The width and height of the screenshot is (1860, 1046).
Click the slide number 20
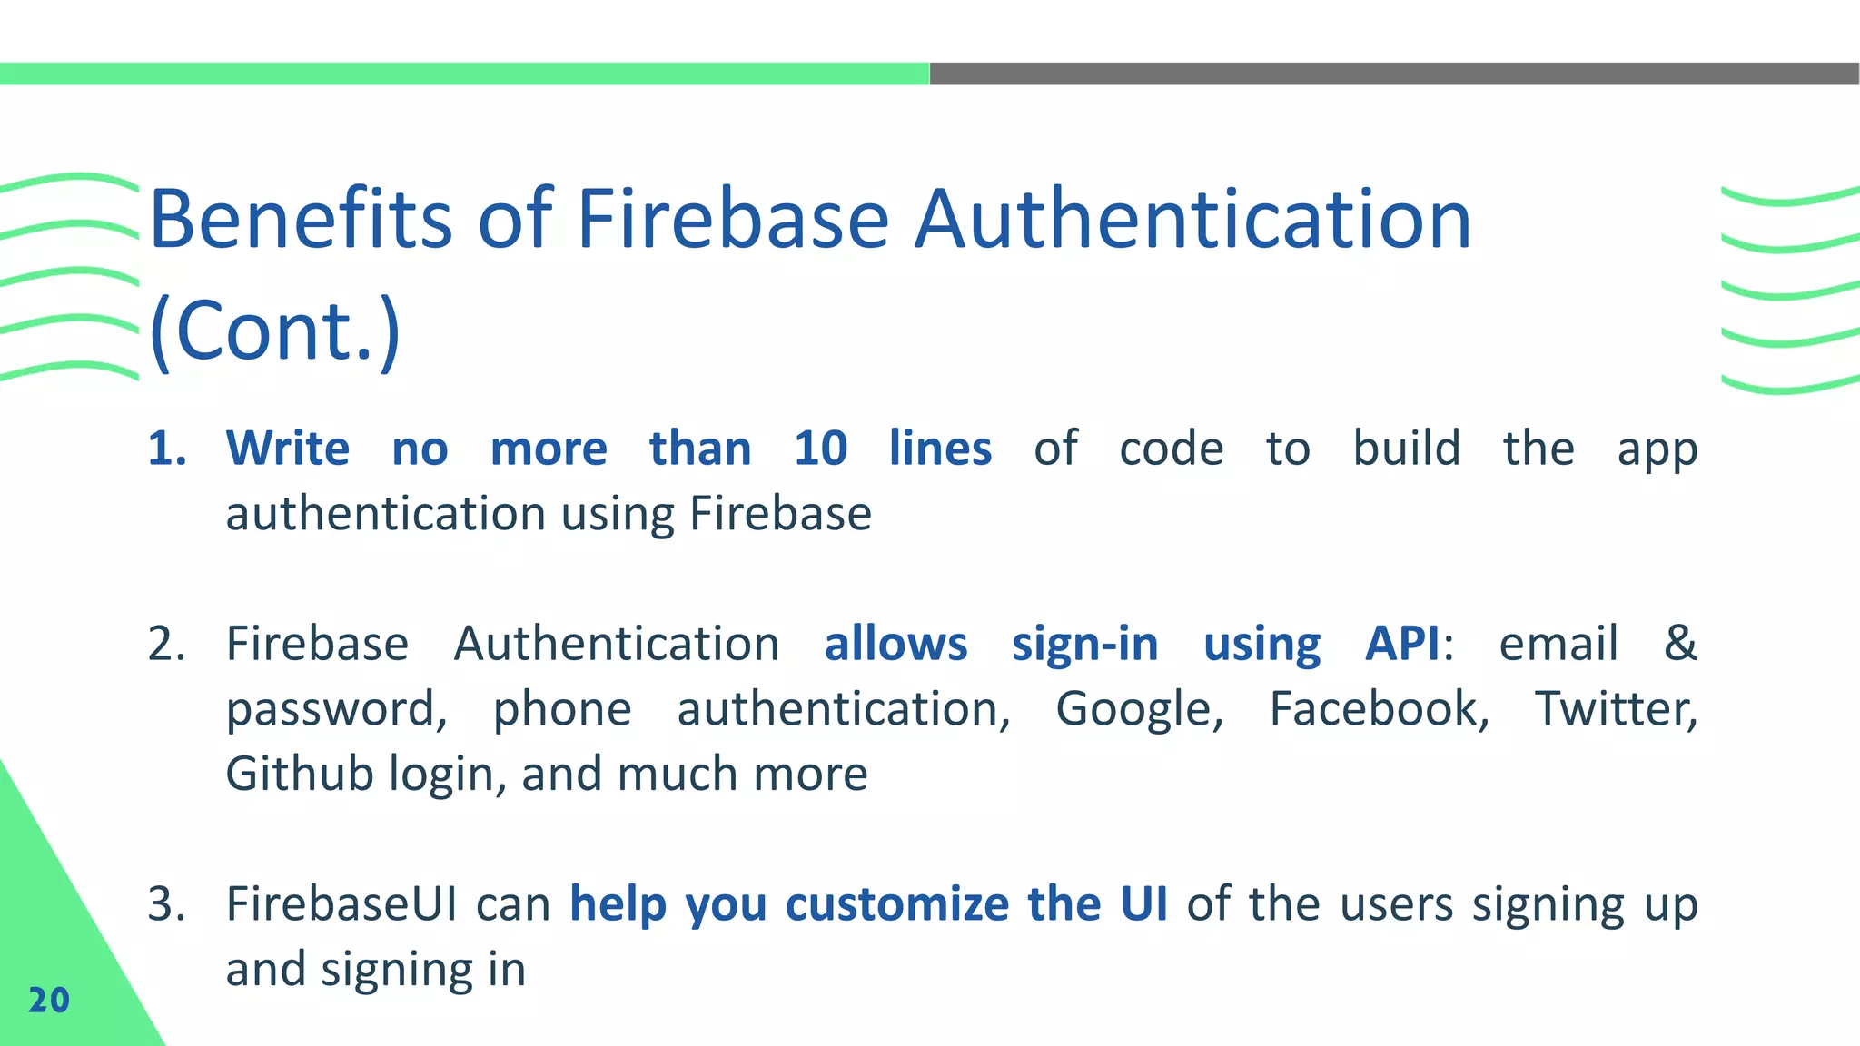click(x=49, y=1000)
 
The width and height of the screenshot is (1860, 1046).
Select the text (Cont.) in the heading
click(x=274, y=330)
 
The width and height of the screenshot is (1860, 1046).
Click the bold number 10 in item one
click(x=820, y=449)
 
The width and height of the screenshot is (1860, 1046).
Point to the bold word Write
click(x=287, y=449)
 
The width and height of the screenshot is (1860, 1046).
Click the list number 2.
click(x=166, y=644)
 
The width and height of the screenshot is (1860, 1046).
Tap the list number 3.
click(x=166, y=904)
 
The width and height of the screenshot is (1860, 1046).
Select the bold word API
click(x=1402, y=644)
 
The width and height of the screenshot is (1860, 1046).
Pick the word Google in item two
click(x=1139, y=710)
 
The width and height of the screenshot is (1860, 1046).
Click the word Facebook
click(x=1379, y=708)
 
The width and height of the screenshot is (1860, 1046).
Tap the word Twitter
click(x=1615, y=708)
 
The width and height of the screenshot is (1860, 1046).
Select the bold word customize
click(x=896, y=904)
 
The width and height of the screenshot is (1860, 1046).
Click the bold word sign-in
click(x=1084, y=644)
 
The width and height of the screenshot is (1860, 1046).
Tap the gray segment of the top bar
click(x=1394, y=74)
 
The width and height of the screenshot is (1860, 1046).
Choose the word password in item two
click(x=335, y=710)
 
